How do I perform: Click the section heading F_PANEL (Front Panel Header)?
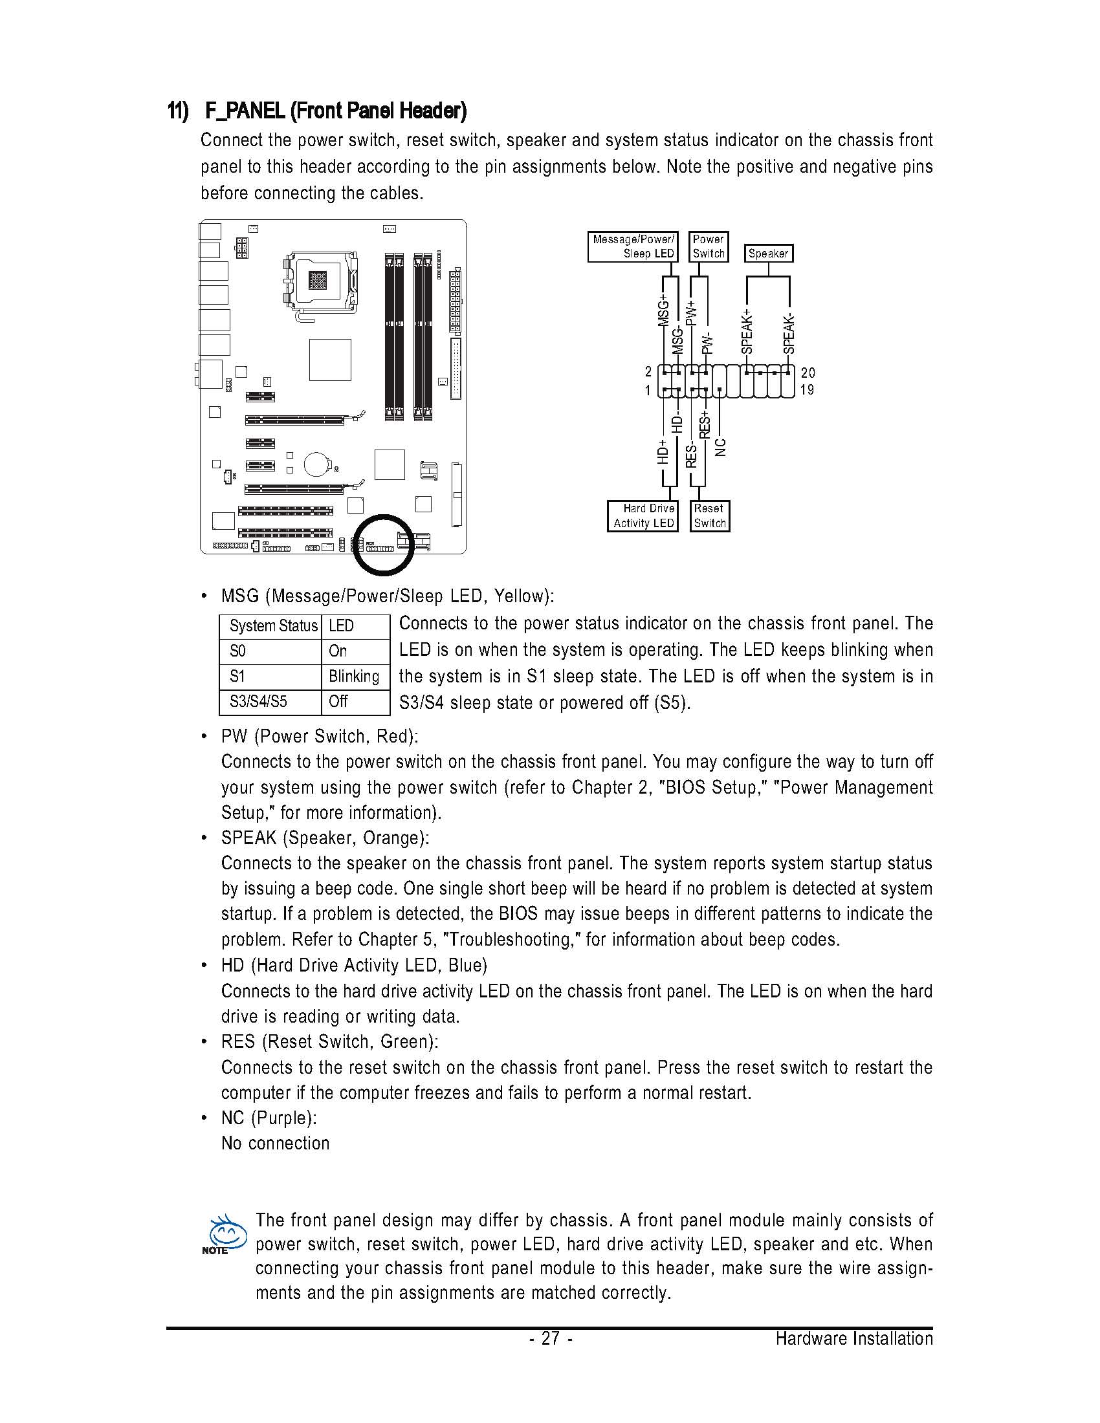(x=335, y=111)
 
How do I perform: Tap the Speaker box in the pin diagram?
(x=768, y=254)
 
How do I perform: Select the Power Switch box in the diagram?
(x=709, y=247)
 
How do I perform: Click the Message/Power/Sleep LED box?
(x=633, y=247)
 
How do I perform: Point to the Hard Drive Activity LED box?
(x=643, y=516)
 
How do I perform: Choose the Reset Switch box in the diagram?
(x=710, y=516)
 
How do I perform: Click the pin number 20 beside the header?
(x=808, y=373)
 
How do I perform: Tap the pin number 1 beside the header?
(x=648, y=390)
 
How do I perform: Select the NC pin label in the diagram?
(x=720, y=447)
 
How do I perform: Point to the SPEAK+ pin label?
(x=747, y=332)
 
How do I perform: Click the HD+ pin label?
(x=663, y=451)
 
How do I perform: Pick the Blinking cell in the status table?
(x=354, y=677)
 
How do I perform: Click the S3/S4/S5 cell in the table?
(x=258, y=702)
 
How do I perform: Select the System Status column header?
(x=272, y=626)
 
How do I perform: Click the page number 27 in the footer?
(x=551, y=1338)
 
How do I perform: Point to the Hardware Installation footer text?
(x=853, y=1338)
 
